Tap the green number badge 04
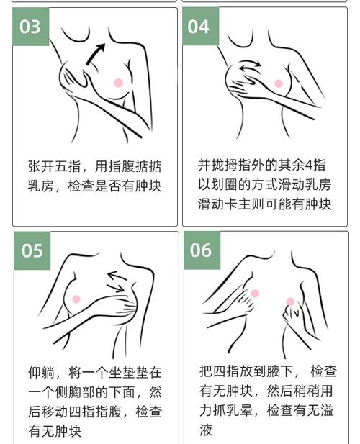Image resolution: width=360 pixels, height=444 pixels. coord(198,27)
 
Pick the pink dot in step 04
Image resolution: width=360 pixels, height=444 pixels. coord(279,83)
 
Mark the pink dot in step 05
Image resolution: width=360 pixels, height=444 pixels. coord(77,298)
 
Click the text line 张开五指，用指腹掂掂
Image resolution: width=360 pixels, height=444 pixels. coord(94,166)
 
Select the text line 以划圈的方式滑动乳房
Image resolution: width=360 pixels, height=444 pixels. coord(264,184)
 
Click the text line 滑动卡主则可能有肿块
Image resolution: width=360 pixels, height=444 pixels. coord(264,204)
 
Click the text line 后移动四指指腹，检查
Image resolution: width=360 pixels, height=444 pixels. coord(94,412)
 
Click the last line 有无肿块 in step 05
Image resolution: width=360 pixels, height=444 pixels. coord(55,432)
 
